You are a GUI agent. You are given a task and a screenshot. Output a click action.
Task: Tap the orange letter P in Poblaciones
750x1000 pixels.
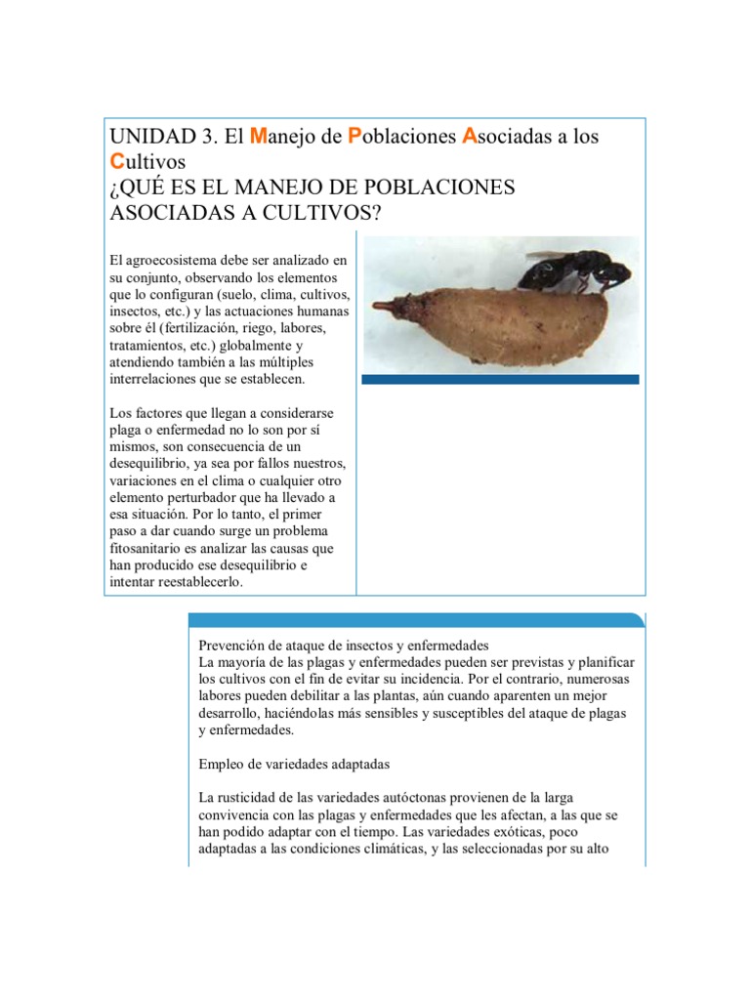click(354, 137)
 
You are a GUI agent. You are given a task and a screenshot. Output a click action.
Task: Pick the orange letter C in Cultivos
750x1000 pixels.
click(117, 161)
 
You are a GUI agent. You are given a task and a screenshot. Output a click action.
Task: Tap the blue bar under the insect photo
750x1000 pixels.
click(501, 379)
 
